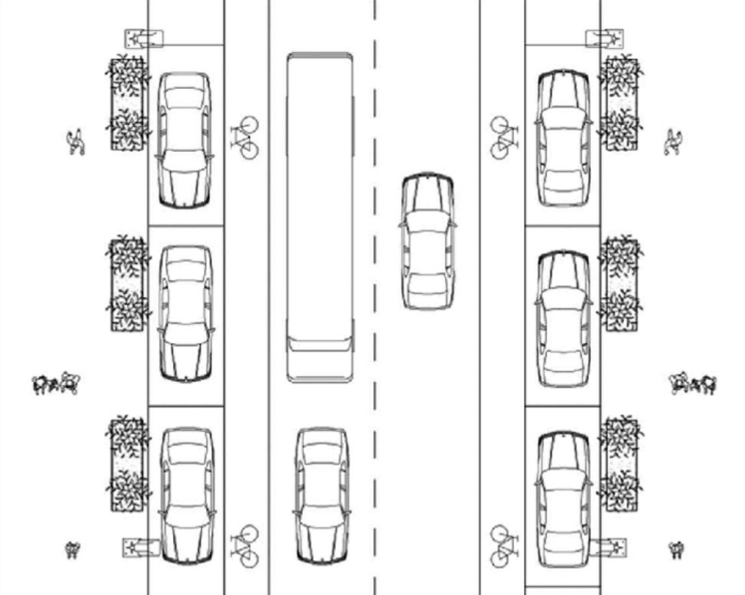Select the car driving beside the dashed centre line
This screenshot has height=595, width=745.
tap(426, 240)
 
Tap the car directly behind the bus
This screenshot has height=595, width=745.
tap(322, 496)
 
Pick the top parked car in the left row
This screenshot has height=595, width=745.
tap(185, 140)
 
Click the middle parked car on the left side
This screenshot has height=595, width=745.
tap(186, 313)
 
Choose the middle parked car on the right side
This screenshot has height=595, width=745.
tap(564, 318)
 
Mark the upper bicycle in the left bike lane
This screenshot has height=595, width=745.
tap(244, 136)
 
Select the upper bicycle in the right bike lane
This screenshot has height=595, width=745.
tap(504, 136)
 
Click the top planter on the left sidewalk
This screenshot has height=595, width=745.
tap(127, 104)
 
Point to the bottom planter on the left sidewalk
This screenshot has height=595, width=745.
tap(127, 464)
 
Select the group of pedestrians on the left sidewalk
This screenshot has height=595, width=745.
tap(56, 384)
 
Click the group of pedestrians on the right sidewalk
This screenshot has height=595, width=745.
tap(693, 383)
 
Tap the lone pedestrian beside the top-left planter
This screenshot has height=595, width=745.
tap(77, 142)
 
